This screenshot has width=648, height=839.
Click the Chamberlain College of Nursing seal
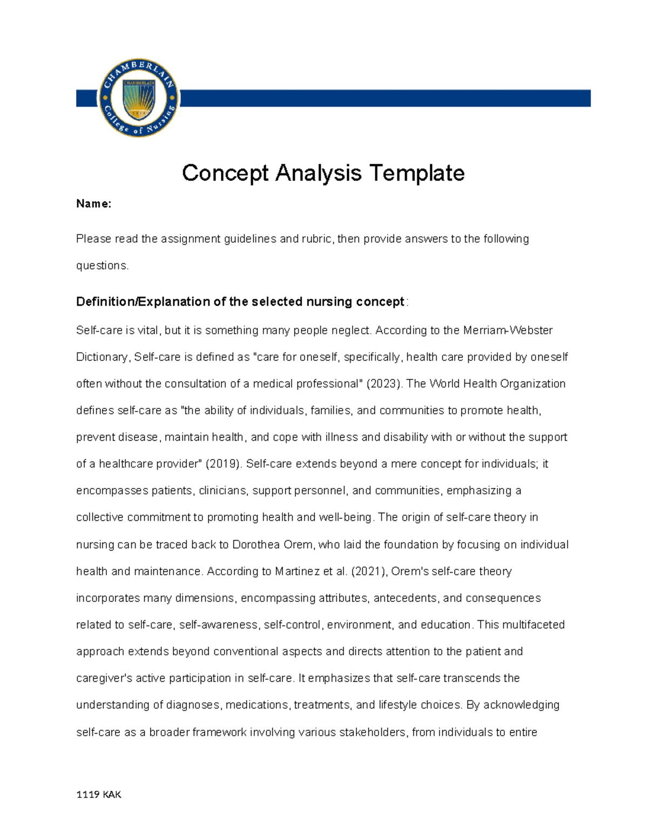point(139,98)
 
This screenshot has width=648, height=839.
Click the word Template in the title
point(416,173)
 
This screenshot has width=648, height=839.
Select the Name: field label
point(93,204)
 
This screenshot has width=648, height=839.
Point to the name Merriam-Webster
point(508,330)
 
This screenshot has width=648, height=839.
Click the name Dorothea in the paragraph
point(256,545)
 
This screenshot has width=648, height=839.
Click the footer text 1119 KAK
point(99,794)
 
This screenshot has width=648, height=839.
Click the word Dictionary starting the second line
point(102,357)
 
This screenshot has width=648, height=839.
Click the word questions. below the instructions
point(103,266)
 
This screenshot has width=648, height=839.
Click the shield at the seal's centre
point(139,99)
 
